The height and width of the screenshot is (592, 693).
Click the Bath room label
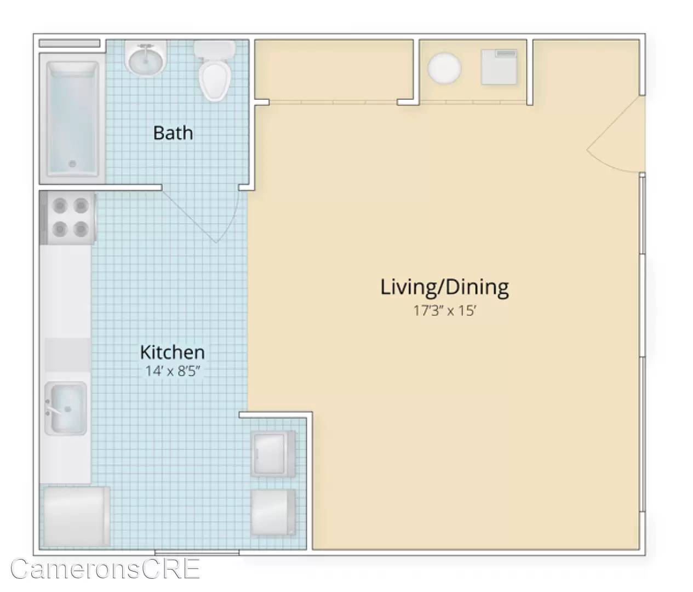[x=173, y=133]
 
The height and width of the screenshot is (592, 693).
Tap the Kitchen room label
[x=173, y=352]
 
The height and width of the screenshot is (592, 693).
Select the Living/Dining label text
[x=445, y=288]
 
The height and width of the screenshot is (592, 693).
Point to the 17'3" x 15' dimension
[x=445, y=311]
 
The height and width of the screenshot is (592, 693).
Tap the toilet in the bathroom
[x=215, y=71]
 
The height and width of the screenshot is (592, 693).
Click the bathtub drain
[x=72, y=164]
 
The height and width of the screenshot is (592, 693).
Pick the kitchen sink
[x=66, y=408]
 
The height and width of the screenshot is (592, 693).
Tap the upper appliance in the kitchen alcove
[x=273, y=454]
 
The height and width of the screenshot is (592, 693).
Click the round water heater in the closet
[x=444, y=68]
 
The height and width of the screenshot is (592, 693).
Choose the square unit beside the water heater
[x=499, y=67]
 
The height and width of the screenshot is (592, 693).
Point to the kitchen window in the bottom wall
[x=197, y=553]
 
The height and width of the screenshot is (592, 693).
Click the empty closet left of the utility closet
[x=334, y=70]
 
